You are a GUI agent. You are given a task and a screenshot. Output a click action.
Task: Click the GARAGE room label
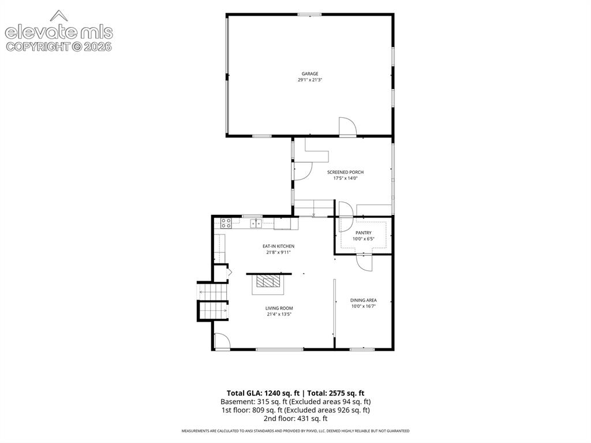pyautogui.click(x=310, y=73)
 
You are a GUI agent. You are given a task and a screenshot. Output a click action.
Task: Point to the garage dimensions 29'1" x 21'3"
pyautogui.click(x=310, y=80)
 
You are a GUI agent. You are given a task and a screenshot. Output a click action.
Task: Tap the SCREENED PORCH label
pyautogui.click(x=345, y=172)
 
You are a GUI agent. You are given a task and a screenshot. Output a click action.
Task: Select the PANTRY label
pyautogui.click(x=364, y=233)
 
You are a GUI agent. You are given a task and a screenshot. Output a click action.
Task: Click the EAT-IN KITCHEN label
pyautogui.click(x=279, y=246)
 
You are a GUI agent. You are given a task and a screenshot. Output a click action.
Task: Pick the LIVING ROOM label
pyautogui.click(x=279, y=308)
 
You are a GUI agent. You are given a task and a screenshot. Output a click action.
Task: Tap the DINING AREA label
pyautogui.click(x=364, y=300)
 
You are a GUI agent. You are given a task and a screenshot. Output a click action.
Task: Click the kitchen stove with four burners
pyautogui.click(x=226, y=223)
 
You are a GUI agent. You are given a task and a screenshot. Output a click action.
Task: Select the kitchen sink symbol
pyautogui.click(x=256, y=224)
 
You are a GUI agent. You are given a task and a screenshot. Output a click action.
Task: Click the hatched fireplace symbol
pyautogui.click(x=268, y=281)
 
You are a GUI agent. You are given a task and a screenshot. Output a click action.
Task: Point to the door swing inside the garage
pyautogui.click(x=347, y=126)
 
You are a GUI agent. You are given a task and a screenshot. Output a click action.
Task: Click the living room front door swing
pyautogui.click(x=222, y=341)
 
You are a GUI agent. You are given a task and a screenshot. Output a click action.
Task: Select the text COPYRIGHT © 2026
pyautogui.click(x=59, y=47)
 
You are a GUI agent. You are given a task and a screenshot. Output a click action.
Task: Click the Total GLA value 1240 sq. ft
pyautogui.click(x=282, y=393)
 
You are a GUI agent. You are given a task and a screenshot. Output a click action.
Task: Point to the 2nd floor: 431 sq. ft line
pyautogui.click(x=295, y=418)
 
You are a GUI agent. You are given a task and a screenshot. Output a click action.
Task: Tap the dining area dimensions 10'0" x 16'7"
pyautogui.click(x=364, y=306)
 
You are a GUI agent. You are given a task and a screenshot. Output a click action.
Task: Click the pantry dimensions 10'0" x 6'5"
pyautogui.click(x=364, y=239)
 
